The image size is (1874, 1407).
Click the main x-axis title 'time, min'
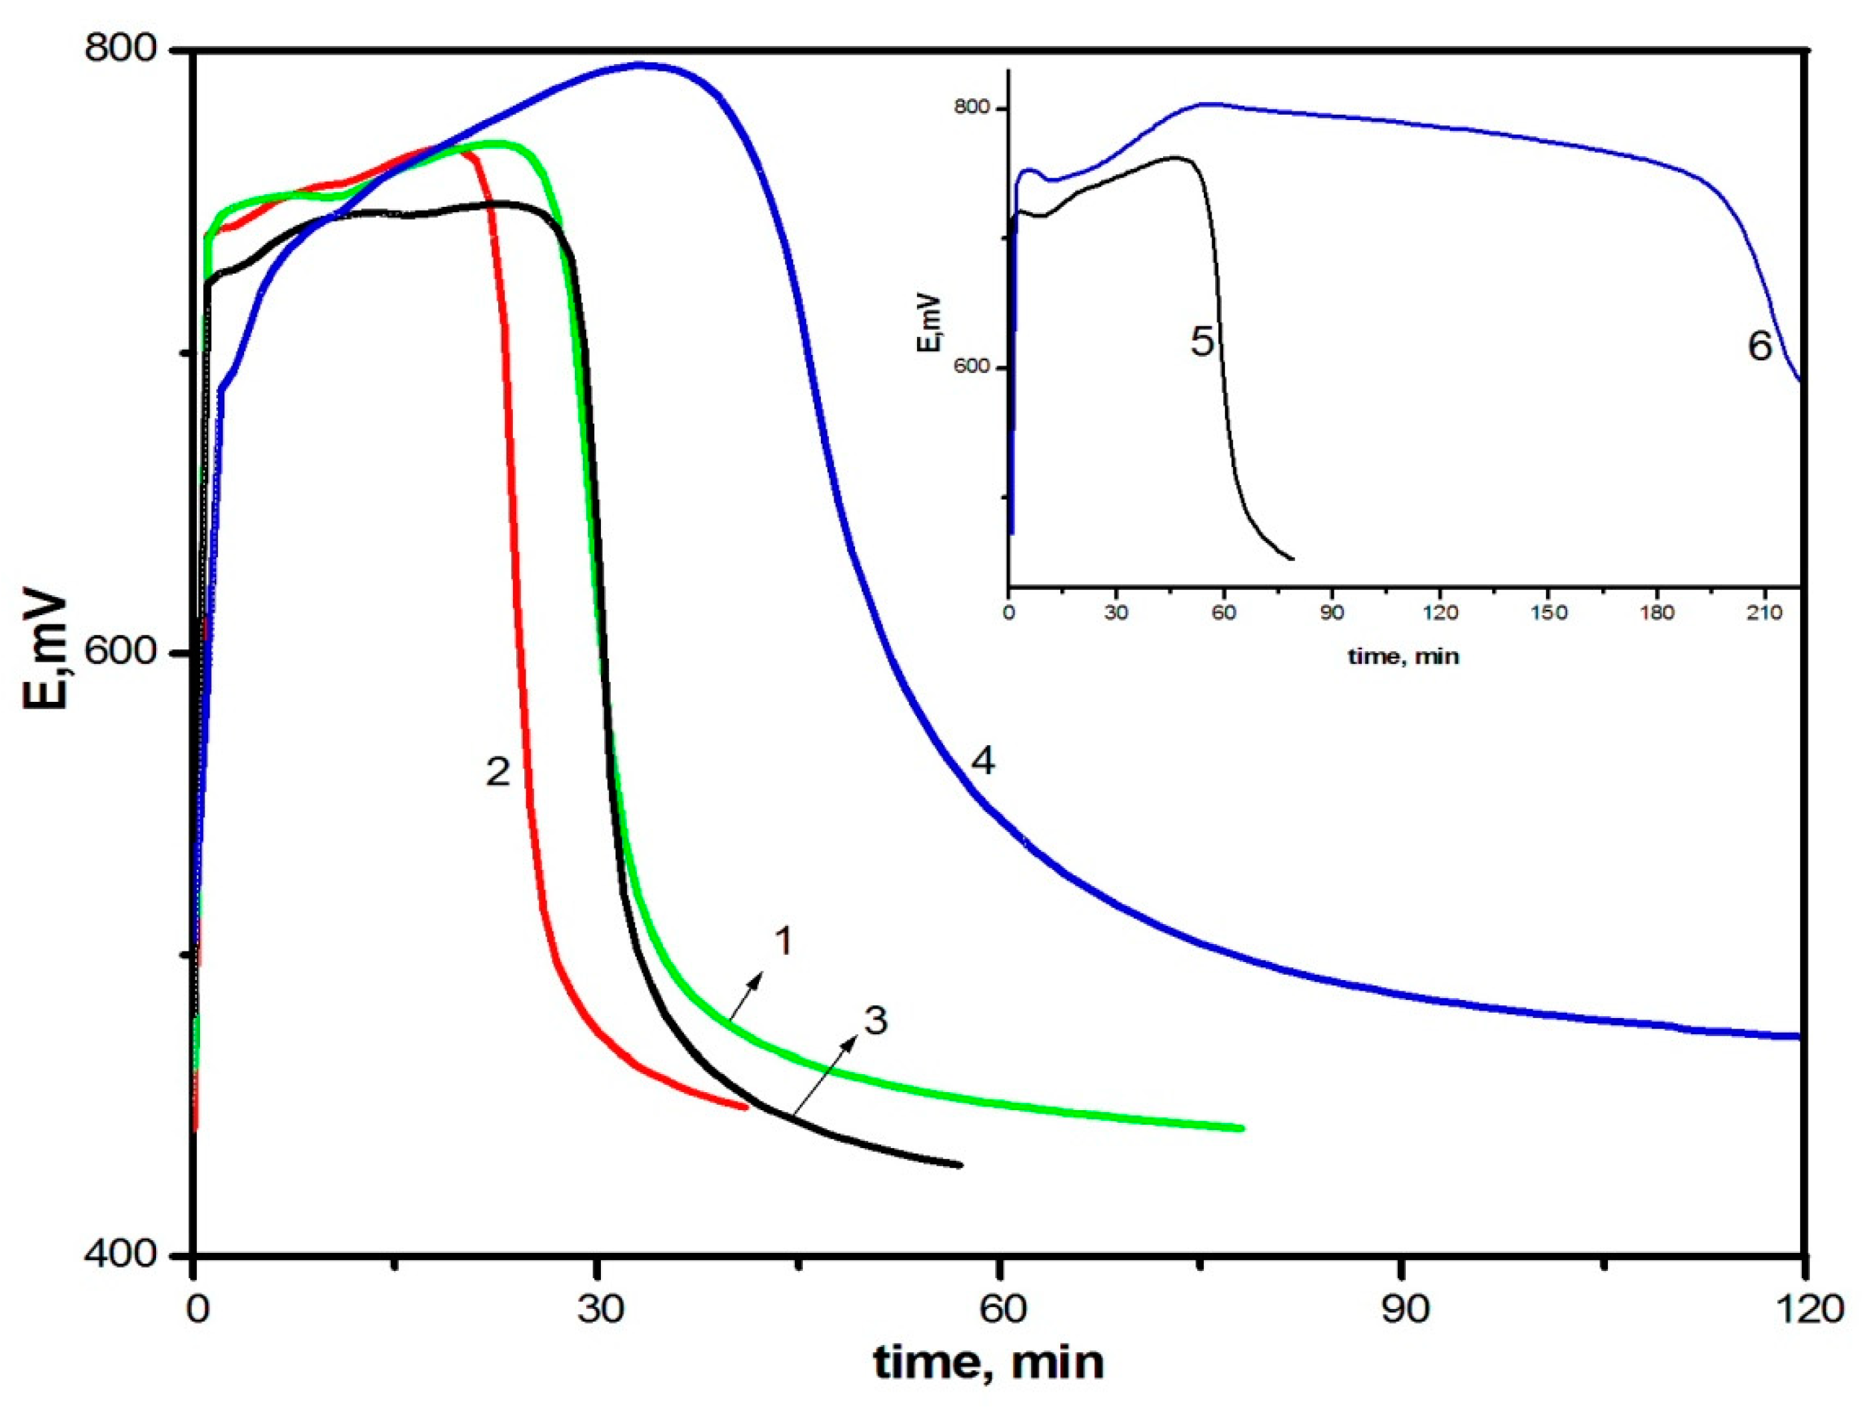[x=988, y=1363]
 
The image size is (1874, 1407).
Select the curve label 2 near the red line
[x=498, y=771]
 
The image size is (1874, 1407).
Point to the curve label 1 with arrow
[x=784, y=941]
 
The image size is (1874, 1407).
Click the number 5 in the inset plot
[x=1202, y=342]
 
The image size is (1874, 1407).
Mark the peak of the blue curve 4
[x=642, y=65]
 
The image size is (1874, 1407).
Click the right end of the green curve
[x=1241, y=1128]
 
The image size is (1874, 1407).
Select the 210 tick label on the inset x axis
[x=1765, y=612]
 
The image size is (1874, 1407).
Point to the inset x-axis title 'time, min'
[x=1404, y=655]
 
